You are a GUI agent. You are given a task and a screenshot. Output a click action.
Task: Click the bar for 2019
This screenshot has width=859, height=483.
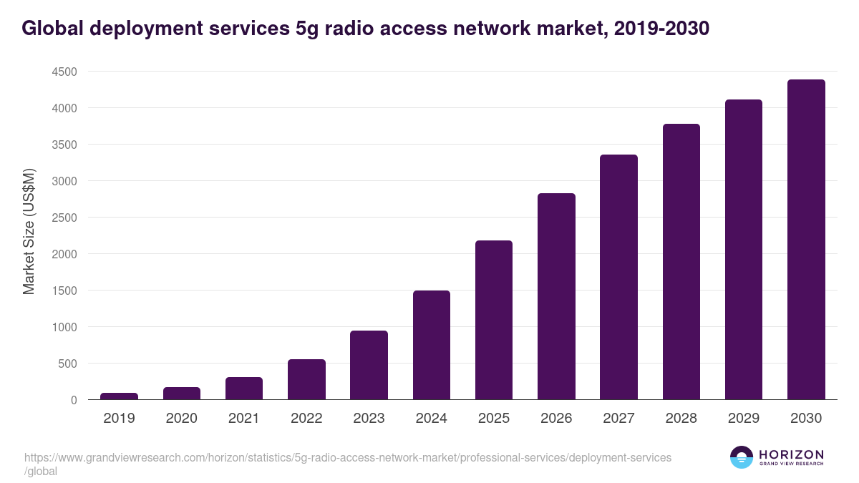(119, 396)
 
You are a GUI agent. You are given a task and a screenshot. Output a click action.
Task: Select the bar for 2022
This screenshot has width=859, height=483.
(306, 379)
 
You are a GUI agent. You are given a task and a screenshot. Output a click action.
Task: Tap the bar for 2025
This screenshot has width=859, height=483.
(494, 320)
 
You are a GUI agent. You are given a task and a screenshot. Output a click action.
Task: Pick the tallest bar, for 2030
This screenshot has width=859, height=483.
(806, 240)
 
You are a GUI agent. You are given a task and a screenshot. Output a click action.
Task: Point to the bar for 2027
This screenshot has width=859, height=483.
(618, 277)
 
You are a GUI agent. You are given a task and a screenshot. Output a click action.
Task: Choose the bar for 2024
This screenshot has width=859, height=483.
(432, 345)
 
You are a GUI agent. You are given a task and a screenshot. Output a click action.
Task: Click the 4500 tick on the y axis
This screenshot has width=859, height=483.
(64, 72)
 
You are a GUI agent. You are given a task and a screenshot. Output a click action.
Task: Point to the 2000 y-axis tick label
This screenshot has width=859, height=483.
(64, 254)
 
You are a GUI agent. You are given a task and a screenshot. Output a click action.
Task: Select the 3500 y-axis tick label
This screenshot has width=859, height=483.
(64, 145)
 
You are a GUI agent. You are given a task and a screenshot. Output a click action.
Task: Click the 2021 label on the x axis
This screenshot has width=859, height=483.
(244, 419)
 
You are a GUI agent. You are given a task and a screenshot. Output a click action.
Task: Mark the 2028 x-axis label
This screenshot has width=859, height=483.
(681, 419)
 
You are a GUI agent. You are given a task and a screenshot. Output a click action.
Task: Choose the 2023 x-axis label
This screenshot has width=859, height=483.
(369, 419)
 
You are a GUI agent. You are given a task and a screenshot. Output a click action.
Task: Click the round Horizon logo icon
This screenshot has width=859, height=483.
(742, 457)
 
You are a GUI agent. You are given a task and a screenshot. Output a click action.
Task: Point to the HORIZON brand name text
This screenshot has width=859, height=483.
(791, 454)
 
